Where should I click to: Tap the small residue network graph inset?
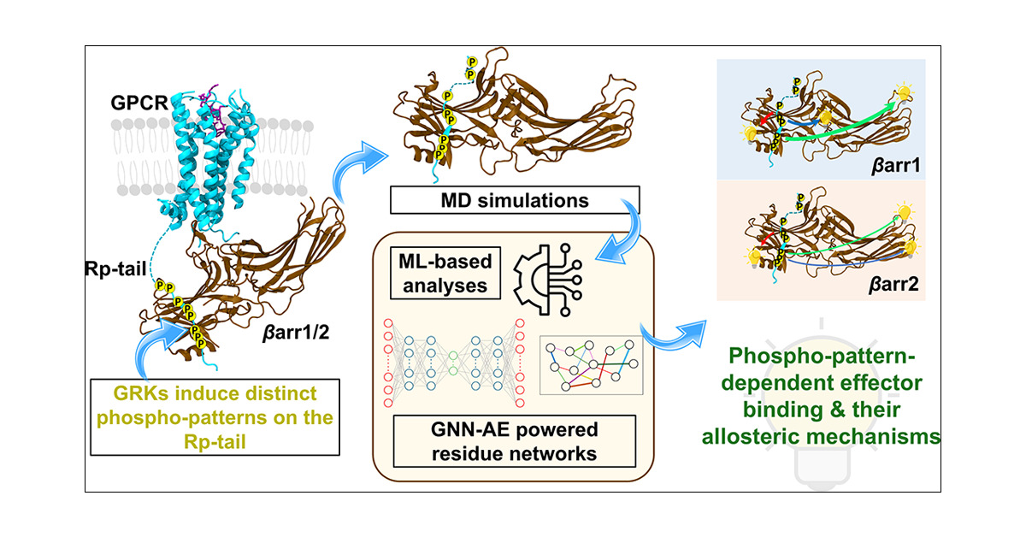tap(591, 365)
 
